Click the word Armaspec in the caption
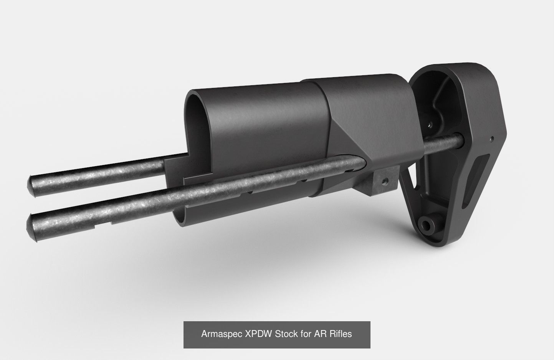pos(222,334)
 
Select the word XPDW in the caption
pos(258,334)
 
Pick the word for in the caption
pos(306,334)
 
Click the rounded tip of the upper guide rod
pos(33,186)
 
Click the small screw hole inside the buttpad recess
pos(430,124)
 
